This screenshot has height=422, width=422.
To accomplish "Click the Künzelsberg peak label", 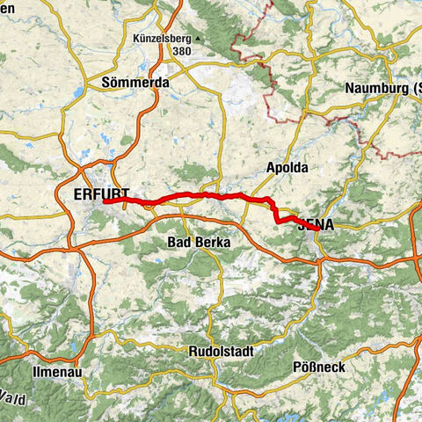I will (x=163, y=39).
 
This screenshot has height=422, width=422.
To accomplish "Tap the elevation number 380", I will (x=182, y=51).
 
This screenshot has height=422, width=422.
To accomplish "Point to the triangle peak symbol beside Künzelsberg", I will (x=199, y=40).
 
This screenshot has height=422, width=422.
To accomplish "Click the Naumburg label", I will (x=379, y=88).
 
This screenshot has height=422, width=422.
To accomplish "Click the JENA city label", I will (x=316, y=224).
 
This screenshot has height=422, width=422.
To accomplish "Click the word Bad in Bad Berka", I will (x=179, y=241).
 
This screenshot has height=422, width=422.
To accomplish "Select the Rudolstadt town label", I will (x=221, y=351).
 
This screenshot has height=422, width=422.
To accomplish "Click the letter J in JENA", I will (x=302, y=224).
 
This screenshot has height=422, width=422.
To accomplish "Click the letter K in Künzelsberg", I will (x=136, y=39).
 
